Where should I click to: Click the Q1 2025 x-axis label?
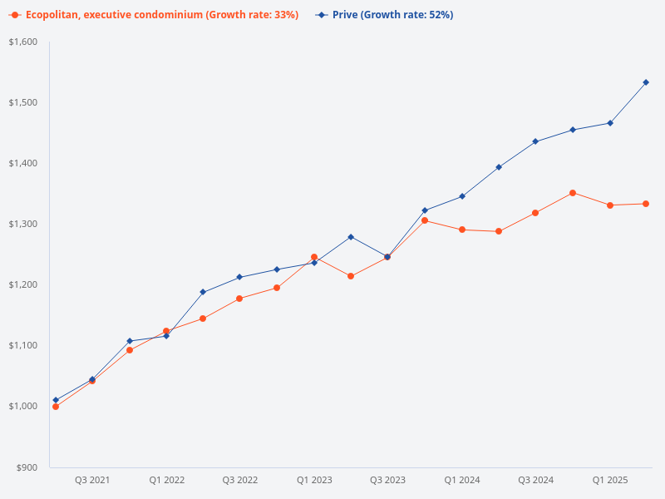[609, 481]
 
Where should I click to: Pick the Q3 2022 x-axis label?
[240, 481]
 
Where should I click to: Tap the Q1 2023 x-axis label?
[314, 481]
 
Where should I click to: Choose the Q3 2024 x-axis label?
[535, 481]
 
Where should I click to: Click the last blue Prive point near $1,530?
[646, 82]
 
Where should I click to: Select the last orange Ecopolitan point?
[646, 204]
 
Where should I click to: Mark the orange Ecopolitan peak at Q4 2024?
[573, 193]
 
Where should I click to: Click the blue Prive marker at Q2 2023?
[351, 237]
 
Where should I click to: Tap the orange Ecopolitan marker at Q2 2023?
[351, 276]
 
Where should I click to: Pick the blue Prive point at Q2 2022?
[203, 292]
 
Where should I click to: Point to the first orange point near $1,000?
[56, 407]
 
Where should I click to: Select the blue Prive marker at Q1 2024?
[462, 196]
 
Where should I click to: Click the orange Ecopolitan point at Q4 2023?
[425, 220]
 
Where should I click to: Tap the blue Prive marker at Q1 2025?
[610, 123]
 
